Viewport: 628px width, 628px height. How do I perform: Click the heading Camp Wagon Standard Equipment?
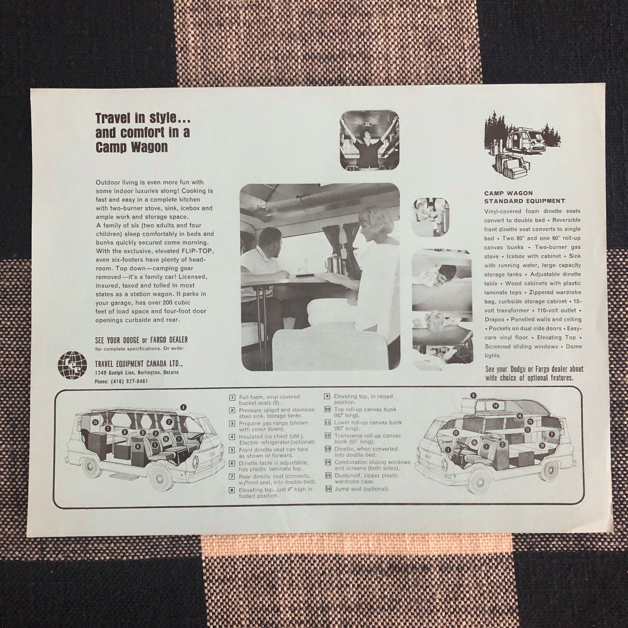[524, 197]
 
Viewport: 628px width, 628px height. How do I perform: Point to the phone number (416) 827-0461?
[121, 381]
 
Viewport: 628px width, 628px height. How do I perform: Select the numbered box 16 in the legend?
[328, 489]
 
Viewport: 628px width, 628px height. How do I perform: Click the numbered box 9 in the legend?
[327, 396]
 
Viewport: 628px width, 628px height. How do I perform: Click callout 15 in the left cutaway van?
[95, 422]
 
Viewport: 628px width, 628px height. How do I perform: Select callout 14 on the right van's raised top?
[496, 405]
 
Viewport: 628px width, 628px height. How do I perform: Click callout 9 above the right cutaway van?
[473, 395]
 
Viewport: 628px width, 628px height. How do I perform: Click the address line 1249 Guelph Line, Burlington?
[137, 372]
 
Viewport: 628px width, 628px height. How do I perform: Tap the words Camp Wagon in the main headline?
[131, 147]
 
